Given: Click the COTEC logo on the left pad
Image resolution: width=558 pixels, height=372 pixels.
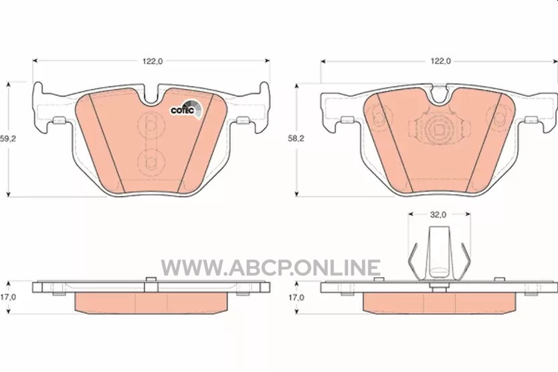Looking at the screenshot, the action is [186, 108].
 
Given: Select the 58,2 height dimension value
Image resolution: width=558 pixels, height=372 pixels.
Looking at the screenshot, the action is [296, 138].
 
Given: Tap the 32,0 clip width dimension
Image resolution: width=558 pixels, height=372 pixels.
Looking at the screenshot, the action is [438, 215].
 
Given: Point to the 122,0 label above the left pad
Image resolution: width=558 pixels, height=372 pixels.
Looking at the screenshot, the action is [153, 62].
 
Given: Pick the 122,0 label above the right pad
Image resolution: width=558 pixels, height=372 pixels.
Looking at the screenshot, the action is [440, 62].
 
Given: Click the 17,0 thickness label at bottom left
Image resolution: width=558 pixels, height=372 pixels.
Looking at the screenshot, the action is [8, 297].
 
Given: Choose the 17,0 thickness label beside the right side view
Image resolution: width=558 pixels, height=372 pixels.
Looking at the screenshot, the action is [296, 297].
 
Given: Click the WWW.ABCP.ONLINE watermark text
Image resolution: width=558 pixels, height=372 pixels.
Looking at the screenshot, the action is [270, 268].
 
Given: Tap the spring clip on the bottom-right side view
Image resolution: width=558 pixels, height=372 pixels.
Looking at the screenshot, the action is [440, 254].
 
